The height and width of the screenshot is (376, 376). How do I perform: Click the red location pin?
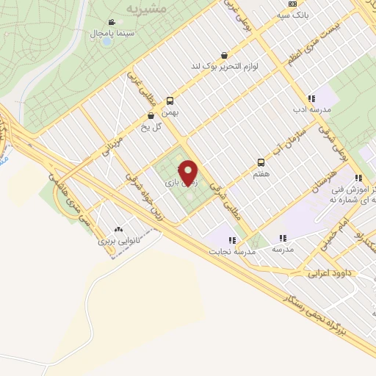coord(189,173)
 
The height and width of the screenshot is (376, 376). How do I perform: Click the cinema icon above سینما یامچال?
coord(111,23)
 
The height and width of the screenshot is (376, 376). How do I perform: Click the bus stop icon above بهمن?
coord(170,101)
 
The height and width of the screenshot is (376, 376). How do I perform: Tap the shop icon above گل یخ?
coord(151,115)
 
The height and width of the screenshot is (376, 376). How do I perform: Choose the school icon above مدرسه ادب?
coord(311,98)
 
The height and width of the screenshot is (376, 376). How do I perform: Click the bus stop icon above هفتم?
coord(261,162)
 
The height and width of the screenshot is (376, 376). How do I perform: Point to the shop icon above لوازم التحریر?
coord(223,55)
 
